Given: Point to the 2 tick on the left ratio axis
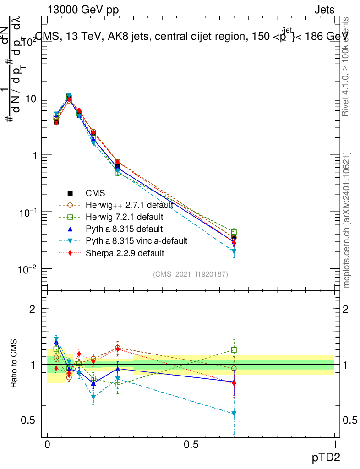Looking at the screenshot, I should [x=33, y=309].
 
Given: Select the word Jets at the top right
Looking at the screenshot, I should [x=324, y=10].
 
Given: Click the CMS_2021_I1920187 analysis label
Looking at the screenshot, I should [x=191, y=274].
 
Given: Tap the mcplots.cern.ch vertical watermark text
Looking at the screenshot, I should [x=347, y=220].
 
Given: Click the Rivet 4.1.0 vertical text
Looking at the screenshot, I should [x=347, y=66].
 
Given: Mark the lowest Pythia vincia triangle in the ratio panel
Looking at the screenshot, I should [x=234, y=414].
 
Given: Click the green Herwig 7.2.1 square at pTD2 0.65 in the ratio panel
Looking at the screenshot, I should [x=234, y=350].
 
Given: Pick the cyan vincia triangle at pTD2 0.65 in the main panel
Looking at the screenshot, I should [x=234, y=251].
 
